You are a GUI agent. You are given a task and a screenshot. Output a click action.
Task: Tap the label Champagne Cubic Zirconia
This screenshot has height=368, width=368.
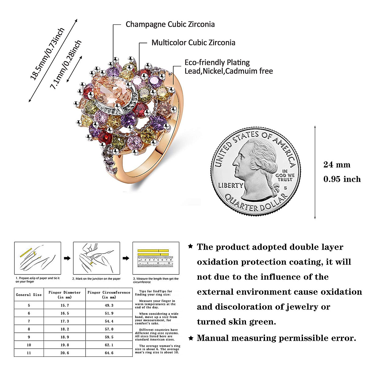(x=170, y=25)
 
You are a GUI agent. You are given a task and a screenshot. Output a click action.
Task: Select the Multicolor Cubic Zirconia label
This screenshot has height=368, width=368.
(x=193, y=43)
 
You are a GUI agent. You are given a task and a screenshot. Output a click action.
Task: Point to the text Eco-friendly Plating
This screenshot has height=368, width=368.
(x=217, y=63)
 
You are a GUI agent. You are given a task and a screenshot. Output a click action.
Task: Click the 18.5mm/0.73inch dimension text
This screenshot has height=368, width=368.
(x=47, y=54)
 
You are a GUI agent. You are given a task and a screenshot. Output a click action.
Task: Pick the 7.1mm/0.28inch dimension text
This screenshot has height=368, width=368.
(x=66, y=64)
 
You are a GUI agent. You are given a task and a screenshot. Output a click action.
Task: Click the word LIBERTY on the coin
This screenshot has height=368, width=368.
(x=230, y=185)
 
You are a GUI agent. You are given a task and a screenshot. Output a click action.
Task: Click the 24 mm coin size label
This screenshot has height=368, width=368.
(x=336, y=165)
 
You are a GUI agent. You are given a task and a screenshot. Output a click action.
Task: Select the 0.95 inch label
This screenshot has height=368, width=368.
(x=342, y=179)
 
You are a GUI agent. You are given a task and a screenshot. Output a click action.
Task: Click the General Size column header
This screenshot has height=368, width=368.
(x=29, y=295)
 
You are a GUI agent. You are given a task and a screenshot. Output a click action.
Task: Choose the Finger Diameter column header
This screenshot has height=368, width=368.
(x=64, y=295)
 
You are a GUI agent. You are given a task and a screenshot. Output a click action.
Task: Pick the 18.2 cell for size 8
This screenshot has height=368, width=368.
(x=64, y=329)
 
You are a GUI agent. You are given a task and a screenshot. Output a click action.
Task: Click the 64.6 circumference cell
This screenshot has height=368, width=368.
(x=109, y=353)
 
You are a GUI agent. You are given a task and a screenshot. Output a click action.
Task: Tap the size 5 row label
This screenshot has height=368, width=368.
(x=29, y=305)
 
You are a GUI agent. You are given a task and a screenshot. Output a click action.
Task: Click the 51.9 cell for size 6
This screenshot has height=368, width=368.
(x=109, y=313)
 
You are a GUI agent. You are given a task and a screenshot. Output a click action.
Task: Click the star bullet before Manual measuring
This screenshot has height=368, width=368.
(x=190, y=338)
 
